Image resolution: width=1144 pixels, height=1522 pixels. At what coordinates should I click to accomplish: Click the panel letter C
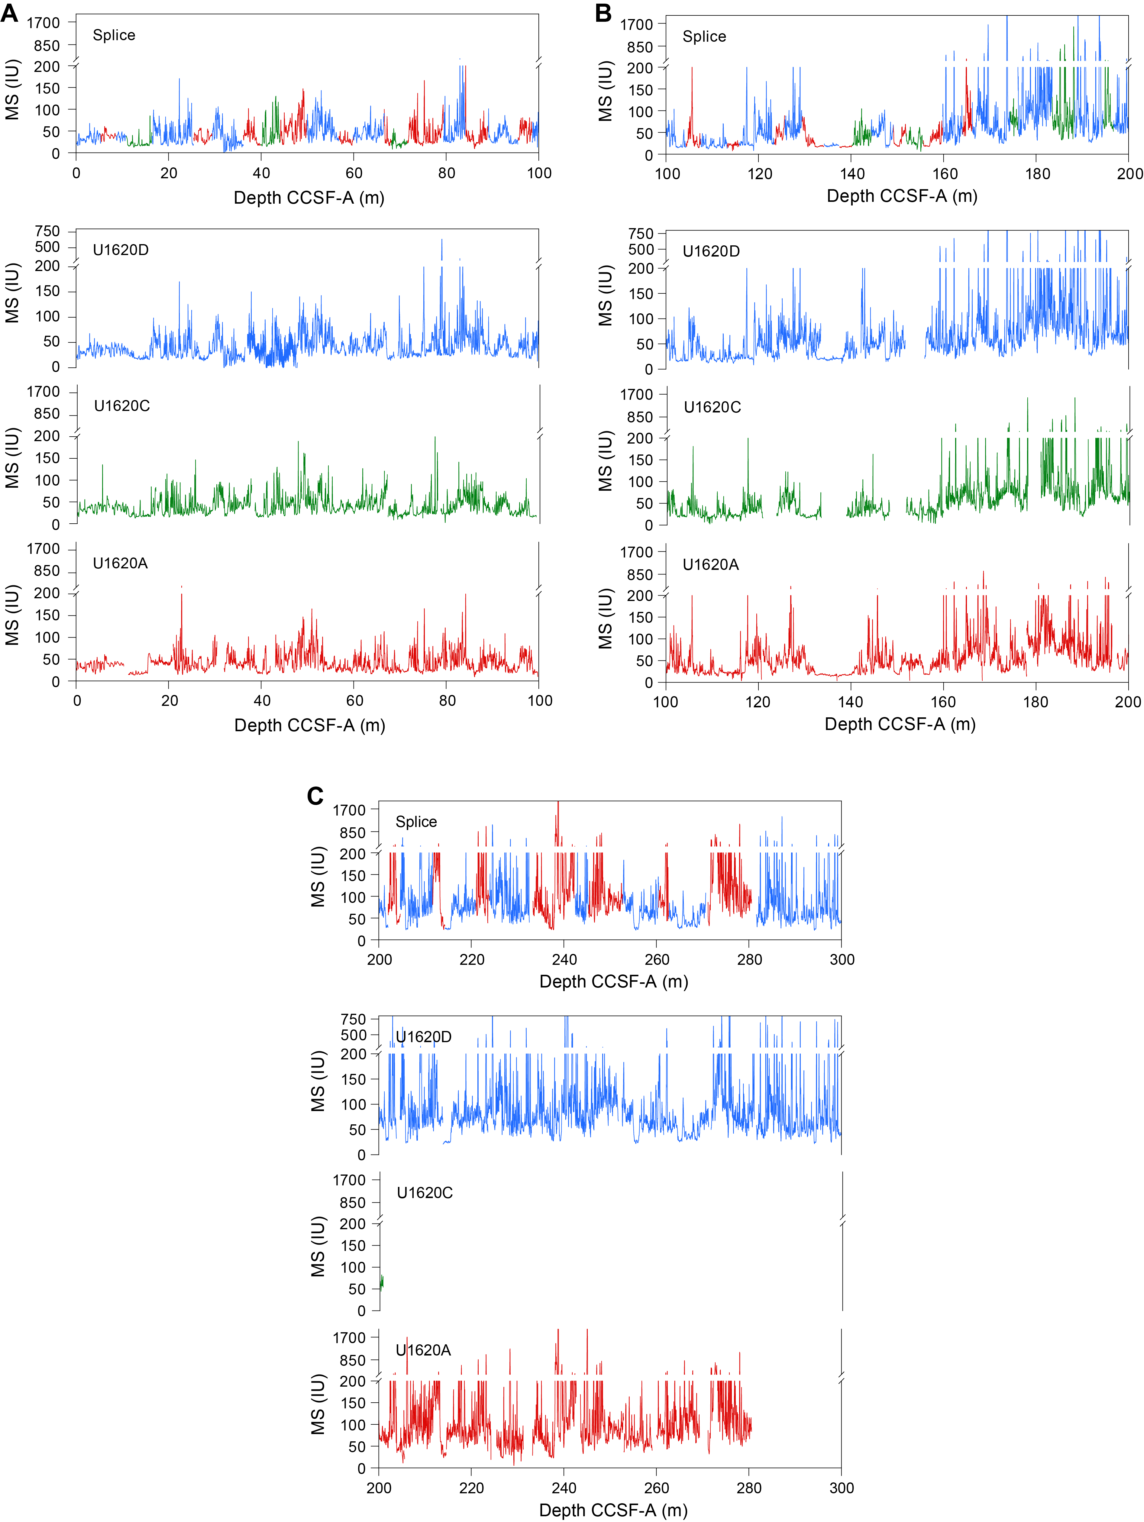pyautogui.click(x=315, y=796)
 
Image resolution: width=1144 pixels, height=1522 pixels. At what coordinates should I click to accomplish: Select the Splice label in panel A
pyautogui.click(x=114, y=35)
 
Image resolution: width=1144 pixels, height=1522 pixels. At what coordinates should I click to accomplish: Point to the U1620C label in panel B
pyautogui.click(x=712, y=407)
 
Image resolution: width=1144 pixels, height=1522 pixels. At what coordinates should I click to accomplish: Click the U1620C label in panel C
pyautogui.click(x=425, y=1192)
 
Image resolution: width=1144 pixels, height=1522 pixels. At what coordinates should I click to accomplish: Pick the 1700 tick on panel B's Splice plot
pyautogui.click(x=636, y=24)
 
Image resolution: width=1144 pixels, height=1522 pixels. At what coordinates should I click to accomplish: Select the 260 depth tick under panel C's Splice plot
pyautogui.click(x=657, y=959)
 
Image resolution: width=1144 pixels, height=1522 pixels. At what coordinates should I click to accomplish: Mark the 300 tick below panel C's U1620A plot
pyautogui.click(x=841, y=1488)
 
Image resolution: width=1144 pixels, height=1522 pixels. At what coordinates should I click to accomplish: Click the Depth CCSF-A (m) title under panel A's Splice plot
pyautogui.click(x=309, y=198)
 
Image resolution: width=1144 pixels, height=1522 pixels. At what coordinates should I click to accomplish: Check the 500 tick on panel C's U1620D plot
pyautogui.click(x=354, y=1035)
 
